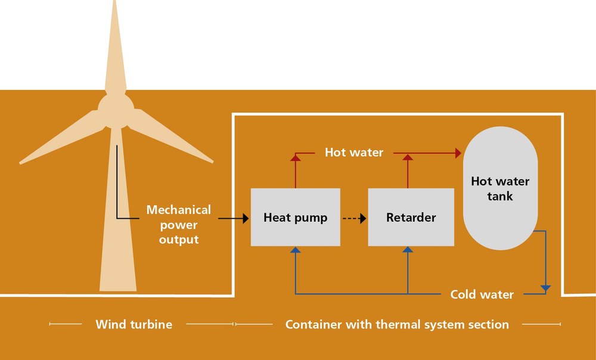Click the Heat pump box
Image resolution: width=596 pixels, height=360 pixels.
click(296, 217)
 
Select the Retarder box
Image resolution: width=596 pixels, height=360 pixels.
click(411, 217)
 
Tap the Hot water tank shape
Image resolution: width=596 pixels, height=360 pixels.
click(500, 188)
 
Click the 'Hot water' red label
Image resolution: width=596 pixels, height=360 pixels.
click(354, 153)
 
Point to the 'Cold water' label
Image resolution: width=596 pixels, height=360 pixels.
click(482, 294)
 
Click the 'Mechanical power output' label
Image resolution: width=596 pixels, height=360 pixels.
click(179, 224)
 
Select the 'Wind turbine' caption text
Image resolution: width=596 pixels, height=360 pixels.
click(134, 324)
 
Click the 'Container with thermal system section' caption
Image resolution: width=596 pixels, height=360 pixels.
click(397, 324)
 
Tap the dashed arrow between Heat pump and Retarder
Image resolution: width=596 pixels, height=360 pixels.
click(354, 218)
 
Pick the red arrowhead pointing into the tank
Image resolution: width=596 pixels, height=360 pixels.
click(458, 153)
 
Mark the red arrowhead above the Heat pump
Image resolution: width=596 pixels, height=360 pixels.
click(296, 157)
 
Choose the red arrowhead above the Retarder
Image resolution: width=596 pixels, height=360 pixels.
click(408, 157)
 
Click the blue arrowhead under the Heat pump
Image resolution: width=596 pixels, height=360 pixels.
click(296, 250)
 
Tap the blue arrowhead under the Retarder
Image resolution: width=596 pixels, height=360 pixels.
click(408, 250)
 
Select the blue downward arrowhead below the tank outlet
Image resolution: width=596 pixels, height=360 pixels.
click(546, 289)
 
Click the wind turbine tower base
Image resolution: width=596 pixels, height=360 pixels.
click(118, 281)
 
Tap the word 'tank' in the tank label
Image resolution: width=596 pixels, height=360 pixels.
click(500, 196)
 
